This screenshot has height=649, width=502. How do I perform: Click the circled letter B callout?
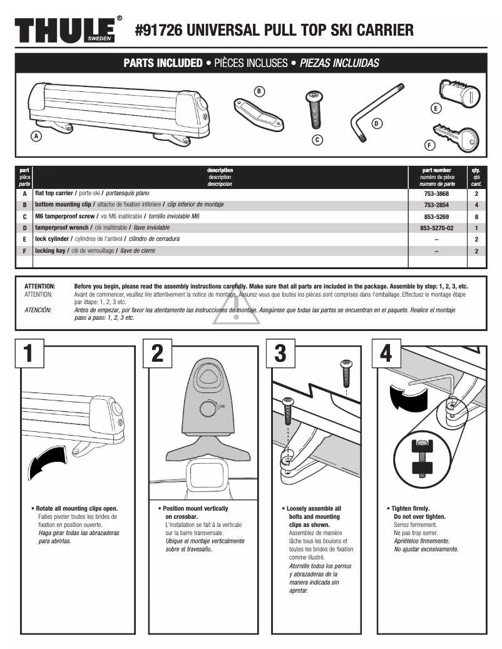coord(259,91)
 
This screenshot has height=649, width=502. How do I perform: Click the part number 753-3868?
coord(436,194)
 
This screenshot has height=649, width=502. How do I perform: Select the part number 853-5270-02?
coord(436,228)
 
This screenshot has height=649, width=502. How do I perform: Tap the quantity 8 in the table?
coord(476,217)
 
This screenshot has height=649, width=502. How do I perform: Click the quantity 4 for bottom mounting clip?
coord(476,205)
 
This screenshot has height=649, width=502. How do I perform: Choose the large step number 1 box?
coord(28,354)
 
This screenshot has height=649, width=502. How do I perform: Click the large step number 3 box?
coord(280,354)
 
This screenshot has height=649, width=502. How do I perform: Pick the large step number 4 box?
coord(386,354)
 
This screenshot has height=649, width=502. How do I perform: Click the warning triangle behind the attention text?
coord(237,309)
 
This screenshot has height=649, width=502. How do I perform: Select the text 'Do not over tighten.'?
coord(420,517)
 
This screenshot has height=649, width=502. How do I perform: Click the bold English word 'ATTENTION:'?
coord(39,286)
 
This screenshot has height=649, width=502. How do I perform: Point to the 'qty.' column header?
coord(476,170)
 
